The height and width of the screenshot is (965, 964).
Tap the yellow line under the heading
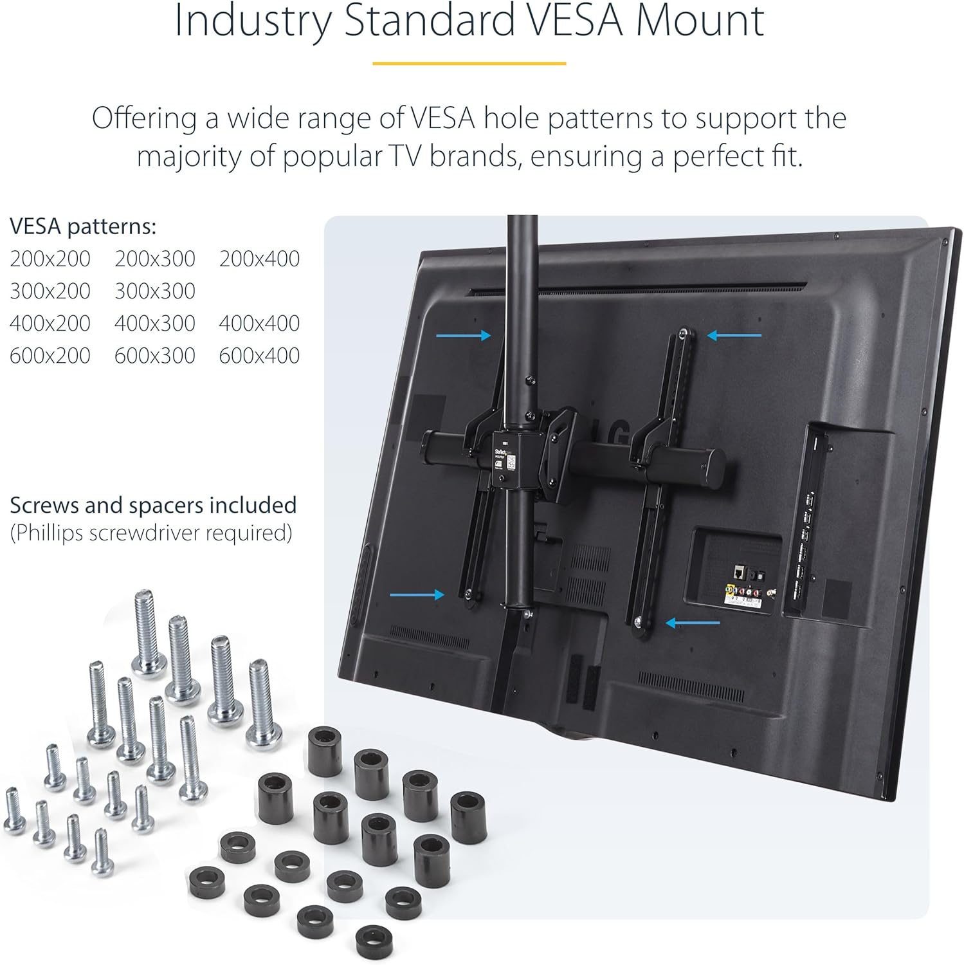(469, 63)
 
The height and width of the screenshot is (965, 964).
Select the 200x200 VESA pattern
(50, 259)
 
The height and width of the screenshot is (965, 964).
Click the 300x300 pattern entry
(155, 291)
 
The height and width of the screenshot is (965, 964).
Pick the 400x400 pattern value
(259, 323)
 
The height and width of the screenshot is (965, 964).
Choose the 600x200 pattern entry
(50, 355)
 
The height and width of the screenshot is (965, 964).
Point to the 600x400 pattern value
(259, 355)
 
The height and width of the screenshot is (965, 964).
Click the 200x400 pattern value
(259, 259)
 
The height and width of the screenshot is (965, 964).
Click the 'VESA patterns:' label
(83, 226)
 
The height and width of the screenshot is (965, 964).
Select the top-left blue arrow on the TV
(463, 335)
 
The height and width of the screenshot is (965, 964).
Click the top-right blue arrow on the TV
(734, 335)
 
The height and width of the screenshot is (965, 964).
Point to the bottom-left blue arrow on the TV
(417, 594)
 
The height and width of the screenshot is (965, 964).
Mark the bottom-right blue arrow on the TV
(693, 623)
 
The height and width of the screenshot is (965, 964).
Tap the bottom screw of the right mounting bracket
(638, 622)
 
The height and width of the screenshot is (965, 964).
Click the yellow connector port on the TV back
(728, 588)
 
